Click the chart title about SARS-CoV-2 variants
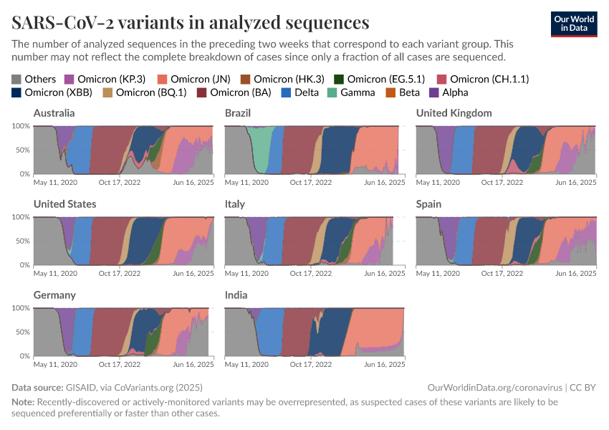(x=191, y=21)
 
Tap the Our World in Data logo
(x=574, y=24)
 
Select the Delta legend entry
(x=301, y=92)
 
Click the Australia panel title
(x=54, y=113)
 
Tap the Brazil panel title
(x=238, y=113)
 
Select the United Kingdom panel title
(x=454, y=113)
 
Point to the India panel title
(x=236, y=295)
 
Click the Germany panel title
(x=54, y=295)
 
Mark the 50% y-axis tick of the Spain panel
(x=404, y=242)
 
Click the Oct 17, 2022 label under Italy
(x=310, y=274)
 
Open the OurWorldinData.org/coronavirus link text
(x=493, y=388)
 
